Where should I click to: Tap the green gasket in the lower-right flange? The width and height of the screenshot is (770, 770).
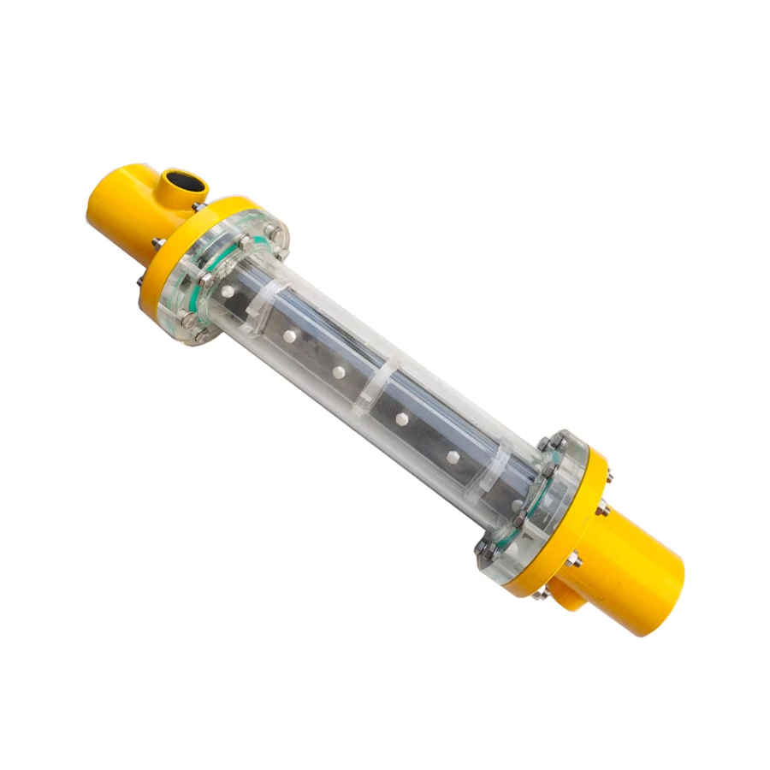(535, 496)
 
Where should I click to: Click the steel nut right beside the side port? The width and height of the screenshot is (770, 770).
(198, 206)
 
